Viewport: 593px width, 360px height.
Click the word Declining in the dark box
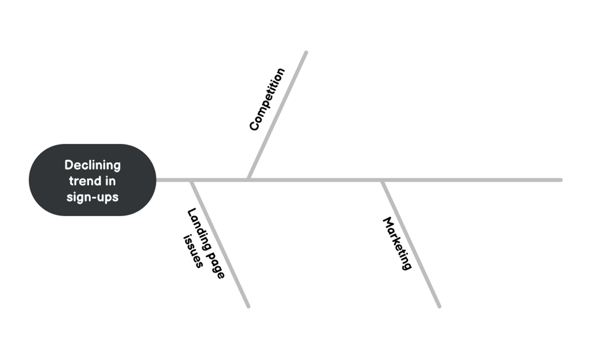[93, 165]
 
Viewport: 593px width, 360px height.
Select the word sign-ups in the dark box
[93, 198]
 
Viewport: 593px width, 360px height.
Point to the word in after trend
[110, 181]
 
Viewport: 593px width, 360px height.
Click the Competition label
[267, 99]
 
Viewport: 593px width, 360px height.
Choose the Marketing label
[397, 243]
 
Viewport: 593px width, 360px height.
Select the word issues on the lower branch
[193, 251]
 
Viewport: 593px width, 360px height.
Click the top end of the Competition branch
[306, 52]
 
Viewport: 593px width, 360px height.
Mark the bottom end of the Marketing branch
[439, 306]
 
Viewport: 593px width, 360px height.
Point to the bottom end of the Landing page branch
[248, 306]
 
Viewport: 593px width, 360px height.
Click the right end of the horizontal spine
[561, 180]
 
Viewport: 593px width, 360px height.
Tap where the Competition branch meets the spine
[248, 178]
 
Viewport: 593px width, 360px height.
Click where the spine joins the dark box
[156, 180]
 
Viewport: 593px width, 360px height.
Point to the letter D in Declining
[69, 165]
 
